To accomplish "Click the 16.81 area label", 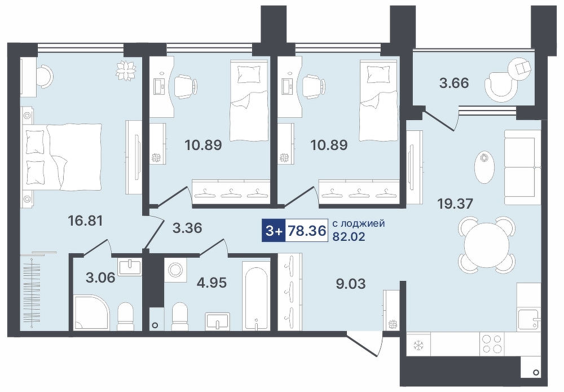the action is pyautogui.click(x=86, y=221).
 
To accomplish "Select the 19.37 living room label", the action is pyautogui.click(x=455, y=204).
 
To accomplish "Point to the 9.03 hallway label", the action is pyautogui.click(x=350, y=284).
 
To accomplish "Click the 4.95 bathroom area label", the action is pyautogui.click(x=211, y=283).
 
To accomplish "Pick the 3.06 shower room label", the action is pyautogui.click(x=100, y=278).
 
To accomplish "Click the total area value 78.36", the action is pyautogui.click(x=306, y=230).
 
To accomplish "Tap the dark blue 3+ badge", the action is pyautogui.click(x=274, y=230).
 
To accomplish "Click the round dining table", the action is pyautogui.click(x=487, y=245).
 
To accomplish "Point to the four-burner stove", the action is pyautogui.click(x=492, y=344).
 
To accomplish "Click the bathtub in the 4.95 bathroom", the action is pyautogui.click(x=255, y=295).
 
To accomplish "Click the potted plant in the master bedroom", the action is pyautogui.click(x=126, y=71).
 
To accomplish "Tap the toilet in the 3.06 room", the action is pyautogui.click(x=126, y=315).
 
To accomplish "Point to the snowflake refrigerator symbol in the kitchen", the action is pyautogui.click(x=418, y=346).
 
